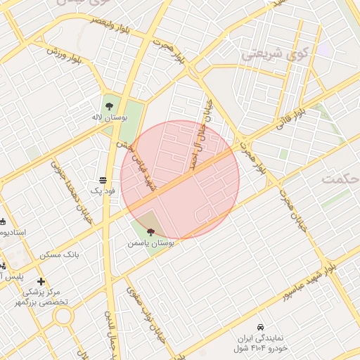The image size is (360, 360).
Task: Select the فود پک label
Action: click(x=103, y=190)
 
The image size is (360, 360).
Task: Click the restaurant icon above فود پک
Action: click(x=103, y=180)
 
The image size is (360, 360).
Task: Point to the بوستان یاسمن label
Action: click(x=150, y=242)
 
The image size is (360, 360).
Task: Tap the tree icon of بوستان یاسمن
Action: click(x=150, y=231)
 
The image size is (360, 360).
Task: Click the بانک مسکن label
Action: click(x=82, y=253)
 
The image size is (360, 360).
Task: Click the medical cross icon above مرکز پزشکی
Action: click(x=41, y=282)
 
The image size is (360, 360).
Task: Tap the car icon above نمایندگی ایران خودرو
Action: click(x=260, y=328)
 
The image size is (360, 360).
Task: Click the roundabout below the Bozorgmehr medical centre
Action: click(x=64, y=316)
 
